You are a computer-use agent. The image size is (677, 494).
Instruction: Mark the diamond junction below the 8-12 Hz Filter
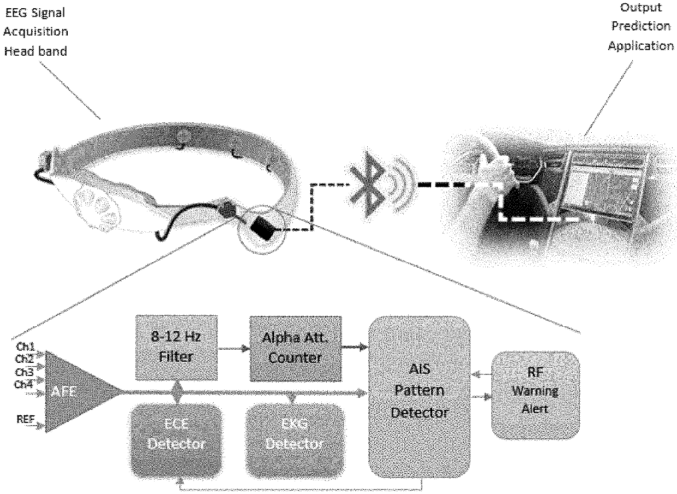[176, 390]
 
